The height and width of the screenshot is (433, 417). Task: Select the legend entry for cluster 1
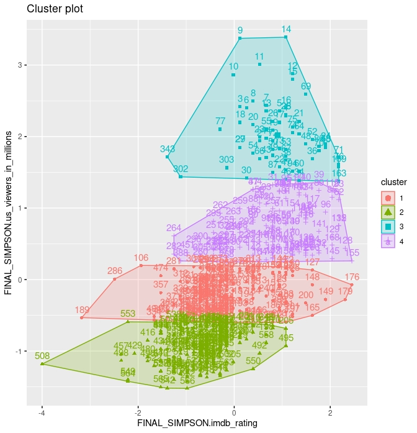(388, 198)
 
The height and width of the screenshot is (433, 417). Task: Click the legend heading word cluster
(393, 184)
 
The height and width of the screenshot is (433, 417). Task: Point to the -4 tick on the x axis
(42, 411)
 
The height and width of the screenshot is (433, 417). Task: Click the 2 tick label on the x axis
(330, 411)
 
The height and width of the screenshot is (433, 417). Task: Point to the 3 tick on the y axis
(18, 65)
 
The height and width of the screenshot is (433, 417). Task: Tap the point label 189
(82, 310)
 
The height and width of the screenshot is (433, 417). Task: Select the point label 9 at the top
(240, 30)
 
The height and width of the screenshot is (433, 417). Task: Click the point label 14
(286, 29)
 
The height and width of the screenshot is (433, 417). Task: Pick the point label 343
(167, 149)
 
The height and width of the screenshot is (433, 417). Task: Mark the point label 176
(352, 278)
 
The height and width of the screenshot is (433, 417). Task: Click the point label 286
(115, 271)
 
